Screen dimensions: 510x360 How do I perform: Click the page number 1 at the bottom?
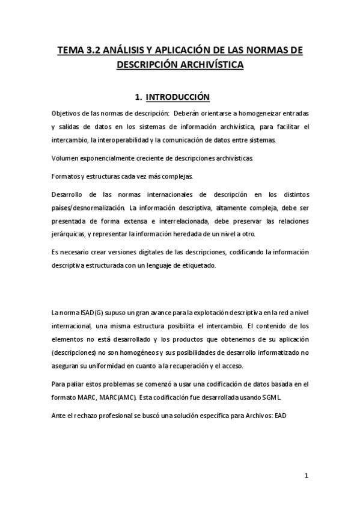306,475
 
